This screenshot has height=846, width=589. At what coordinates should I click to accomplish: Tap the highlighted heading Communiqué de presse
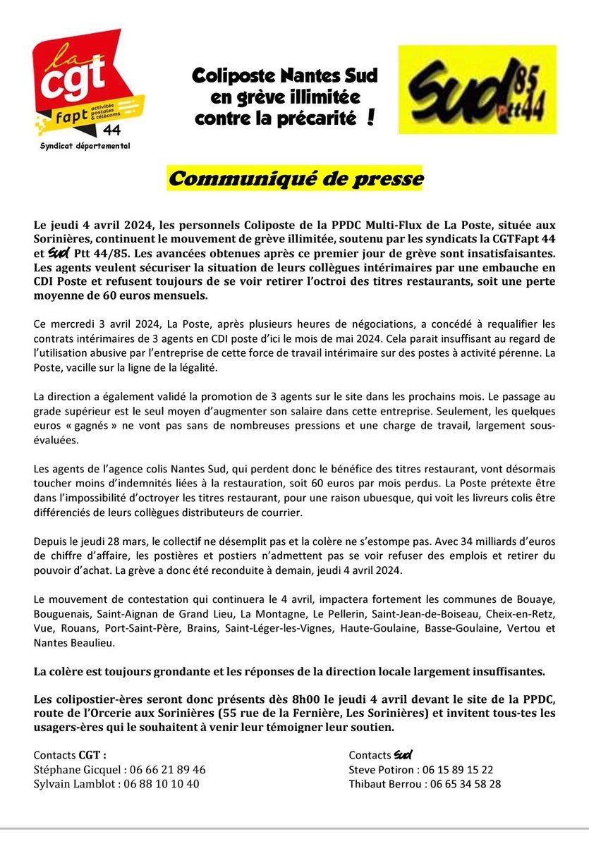(295, 179)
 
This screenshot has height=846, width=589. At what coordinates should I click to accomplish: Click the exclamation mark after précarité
(370, 118)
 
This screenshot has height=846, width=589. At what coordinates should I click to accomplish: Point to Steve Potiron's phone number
(460, 769)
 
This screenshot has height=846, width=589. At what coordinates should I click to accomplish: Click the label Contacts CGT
(70, 755)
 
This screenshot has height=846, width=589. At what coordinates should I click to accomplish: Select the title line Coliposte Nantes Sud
(286, 75)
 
